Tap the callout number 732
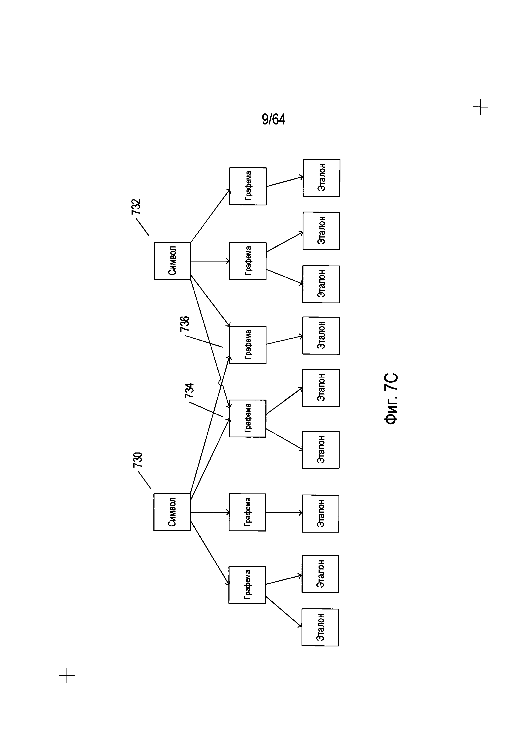[x=136, y=207]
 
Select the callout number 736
[x=185, y=324]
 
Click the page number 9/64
[x=273, y=119]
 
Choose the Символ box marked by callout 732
[x=172, y=261]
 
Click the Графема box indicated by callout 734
[x=248, y=418]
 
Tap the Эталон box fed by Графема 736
[x=321, y=335]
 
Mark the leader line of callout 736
[x=203, y=341]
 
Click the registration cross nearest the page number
[x=480, y=107]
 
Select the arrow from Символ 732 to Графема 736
[x=210, y=301]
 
